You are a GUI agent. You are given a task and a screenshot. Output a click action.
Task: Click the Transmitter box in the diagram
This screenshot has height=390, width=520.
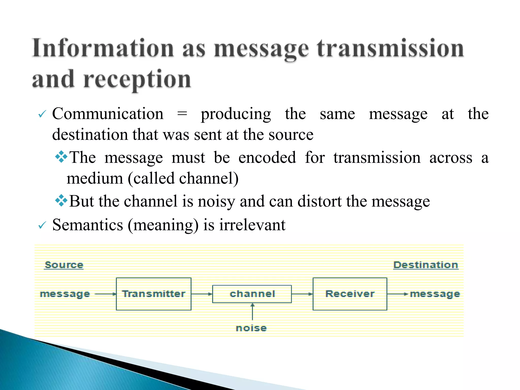(x=153, y=294)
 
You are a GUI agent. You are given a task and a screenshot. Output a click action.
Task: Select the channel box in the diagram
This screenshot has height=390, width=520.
(x=252, y=294)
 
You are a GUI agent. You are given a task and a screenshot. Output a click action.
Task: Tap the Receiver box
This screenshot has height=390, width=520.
(x=350, y=294)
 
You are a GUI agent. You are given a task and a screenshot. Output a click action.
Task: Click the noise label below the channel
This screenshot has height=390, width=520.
(x=251, y=328)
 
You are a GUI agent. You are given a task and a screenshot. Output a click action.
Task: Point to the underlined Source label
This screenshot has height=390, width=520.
(x=64, y=265)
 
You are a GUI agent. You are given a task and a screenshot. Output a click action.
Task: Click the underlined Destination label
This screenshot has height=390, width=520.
(x=426, y=265)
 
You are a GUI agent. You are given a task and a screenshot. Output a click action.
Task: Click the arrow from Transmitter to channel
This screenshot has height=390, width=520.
(x=202, y=294)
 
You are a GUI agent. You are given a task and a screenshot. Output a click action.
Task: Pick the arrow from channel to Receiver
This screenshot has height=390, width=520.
(x=302, y=294)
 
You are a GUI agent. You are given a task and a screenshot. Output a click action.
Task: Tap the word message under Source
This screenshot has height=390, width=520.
(x=65, y=294)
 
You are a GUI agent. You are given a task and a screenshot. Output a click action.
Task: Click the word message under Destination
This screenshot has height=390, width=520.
(x=435, y=294)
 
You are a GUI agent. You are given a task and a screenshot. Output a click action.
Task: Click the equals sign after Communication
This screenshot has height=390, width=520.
(x=182, y=114)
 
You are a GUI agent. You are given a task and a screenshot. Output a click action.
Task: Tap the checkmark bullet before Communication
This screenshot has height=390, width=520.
(x=42, y=114)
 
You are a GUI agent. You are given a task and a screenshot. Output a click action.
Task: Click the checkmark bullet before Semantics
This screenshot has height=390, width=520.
(x=42, y=225)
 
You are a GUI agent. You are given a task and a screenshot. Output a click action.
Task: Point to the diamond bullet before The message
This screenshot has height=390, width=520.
(x=61, y=157)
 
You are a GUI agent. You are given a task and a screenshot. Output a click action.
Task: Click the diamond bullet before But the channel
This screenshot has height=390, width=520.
(x=61, y=201)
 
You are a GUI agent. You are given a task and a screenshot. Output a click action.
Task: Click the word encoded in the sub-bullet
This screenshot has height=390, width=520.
(x=267, y=157)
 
